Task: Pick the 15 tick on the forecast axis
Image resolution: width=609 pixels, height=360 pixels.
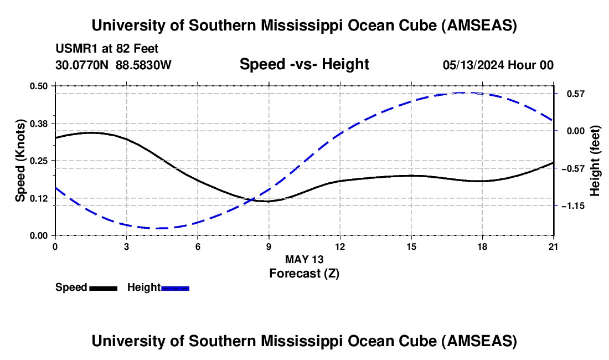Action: [x=411, y=246]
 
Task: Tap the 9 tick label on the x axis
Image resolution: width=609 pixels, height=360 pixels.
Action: [x=269, y=246]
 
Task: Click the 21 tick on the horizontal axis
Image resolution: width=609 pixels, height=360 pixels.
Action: [x=553, y=246]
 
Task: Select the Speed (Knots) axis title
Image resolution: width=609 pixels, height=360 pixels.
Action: [x=20, y=161]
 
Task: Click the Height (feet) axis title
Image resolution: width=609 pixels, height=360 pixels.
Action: [x=595, y=161]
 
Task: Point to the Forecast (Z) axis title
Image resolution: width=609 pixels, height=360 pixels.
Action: [x=304, y=273]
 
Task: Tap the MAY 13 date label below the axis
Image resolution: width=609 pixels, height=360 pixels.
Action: [x=304, y=259]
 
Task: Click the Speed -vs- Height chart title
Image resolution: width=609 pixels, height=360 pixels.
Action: [x=304, y=64]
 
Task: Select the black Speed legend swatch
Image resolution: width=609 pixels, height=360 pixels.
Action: [x=103, y=287]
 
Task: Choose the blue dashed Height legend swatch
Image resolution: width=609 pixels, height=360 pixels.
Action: [x=176, y=287]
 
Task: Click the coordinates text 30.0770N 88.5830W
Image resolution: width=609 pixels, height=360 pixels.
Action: [x=113, y=65]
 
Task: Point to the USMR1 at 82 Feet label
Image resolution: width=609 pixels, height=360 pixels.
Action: [x=107, y=49]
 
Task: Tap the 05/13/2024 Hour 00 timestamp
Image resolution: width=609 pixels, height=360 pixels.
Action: [x=498, y=65]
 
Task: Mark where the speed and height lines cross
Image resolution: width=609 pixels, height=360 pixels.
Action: [x=252, y=199]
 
